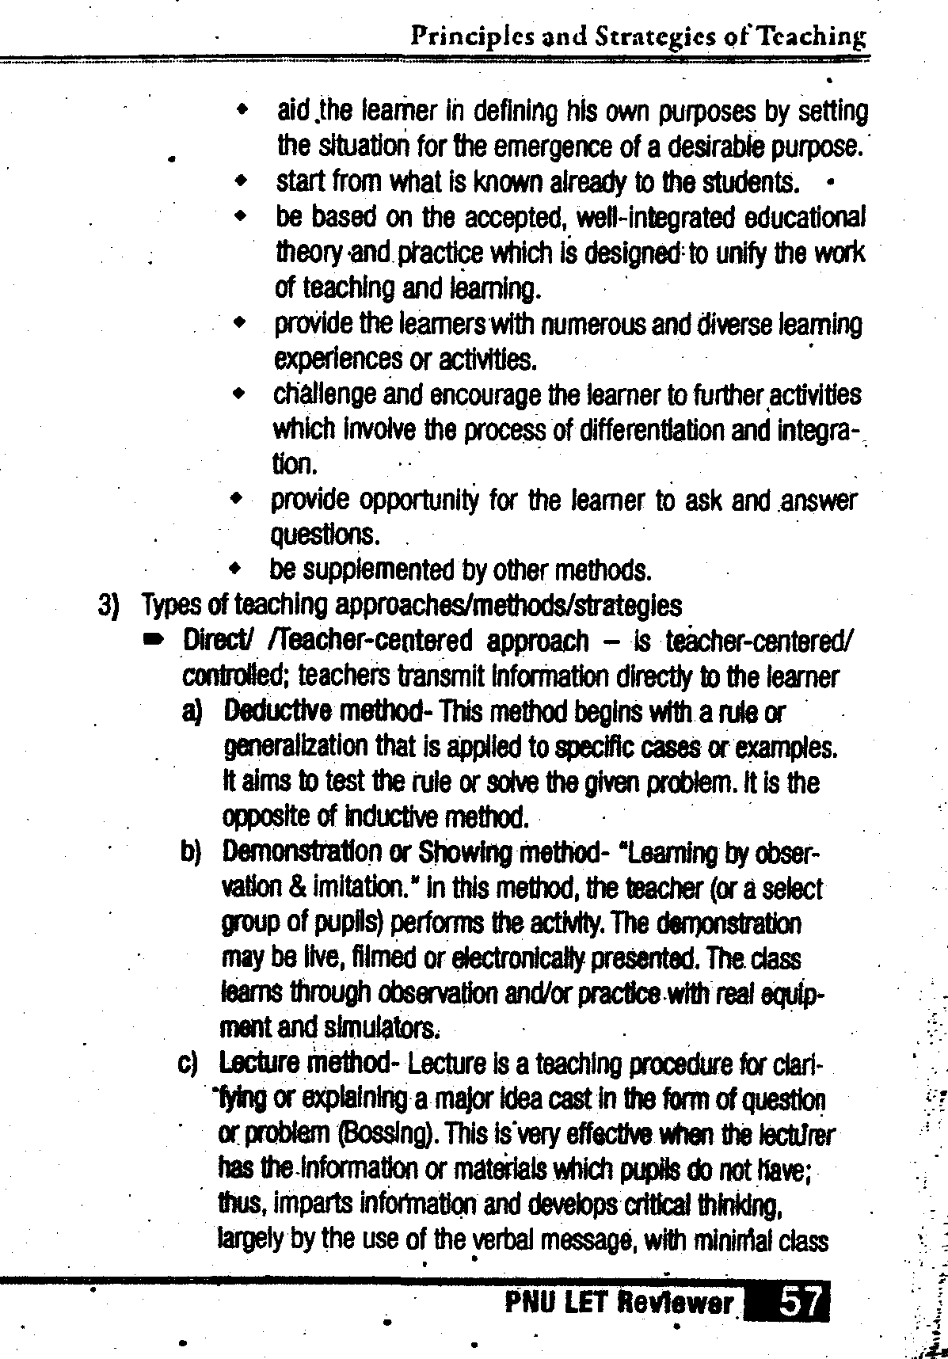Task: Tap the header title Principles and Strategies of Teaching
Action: point(638,36)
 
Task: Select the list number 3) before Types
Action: point(108,606)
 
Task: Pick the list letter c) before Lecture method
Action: point(189,1063)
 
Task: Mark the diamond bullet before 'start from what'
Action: point(241,182)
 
